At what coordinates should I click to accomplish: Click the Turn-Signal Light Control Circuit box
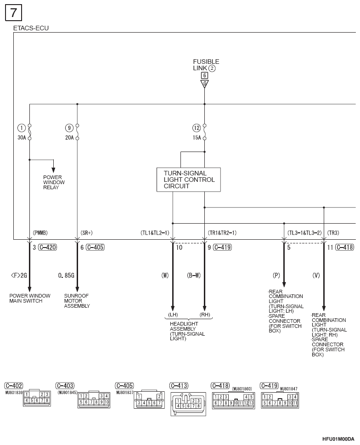point(188,180)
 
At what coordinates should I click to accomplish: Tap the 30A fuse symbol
point(29,132)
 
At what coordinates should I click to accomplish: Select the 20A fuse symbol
point(77,132)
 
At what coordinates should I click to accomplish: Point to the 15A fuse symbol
point(204,132)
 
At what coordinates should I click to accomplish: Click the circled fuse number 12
point(197,128)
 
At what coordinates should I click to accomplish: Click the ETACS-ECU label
point(31,28)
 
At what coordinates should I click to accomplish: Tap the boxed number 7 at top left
point(13,13)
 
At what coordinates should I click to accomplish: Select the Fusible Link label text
point(206,65)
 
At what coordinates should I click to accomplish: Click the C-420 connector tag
point(48,247)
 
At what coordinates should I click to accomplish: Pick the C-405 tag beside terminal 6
point(95,247)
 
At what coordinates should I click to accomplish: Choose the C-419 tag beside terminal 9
point(222,247)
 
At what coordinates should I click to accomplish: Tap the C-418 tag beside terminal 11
point(345,247)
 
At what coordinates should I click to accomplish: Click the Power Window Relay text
point(54,182)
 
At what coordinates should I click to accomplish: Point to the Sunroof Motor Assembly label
point(77,301)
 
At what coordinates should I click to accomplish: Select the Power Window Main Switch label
point(30,299)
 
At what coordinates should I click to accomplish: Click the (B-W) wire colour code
point(194,275)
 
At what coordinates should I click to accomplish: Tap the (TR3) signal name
point(333,233)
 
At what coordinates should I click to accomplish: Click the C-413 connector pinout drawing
point(188,404)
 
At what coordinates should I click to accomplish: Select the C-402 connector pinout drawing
point(37,398)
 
